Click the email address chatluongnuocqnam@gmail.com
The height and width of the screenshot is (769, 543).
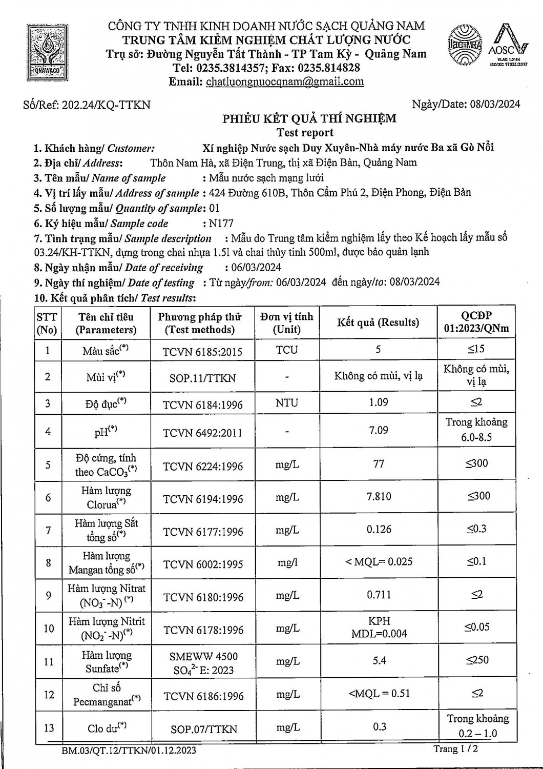[x=285, y=82]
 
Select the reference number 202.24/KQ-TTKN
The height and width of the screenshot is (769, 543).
[x=106, y=105]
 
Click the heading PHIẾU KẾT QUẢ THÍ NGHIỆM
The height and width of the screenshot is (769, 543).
[x=309, y=119]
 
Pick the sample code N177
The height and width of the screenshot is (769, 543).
[x=221, y=224]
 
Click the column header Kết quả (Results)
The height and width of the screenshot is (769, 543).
[x=378, y=322]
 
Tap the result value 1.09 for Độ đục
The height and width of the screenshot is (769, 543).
[x=379, y=402]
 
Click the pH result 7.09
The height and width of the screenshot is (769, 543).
[x=379, y=430]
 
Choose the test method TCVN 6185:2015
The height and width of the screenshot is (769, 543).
[x=202, y=352]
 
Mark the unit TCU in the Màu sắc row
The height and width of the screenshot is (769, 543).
[x=286, y=350]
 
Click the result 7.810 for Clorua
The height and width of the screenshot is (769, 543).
[x=379, y=496]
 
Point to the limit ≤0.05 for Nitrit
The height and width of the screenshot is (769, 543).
[x=477, y=626]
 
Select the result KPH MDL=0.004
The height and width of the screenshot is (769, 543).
[x=379, y=628]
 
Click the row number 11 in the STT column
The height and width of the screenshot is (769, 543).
[x=48, y=662]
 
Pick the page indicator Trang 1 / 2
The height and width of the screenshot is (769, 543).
[x=455, y=749]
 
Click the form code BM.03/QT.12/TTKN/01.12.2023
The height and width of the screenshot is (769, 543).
[x=129, y=751]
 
